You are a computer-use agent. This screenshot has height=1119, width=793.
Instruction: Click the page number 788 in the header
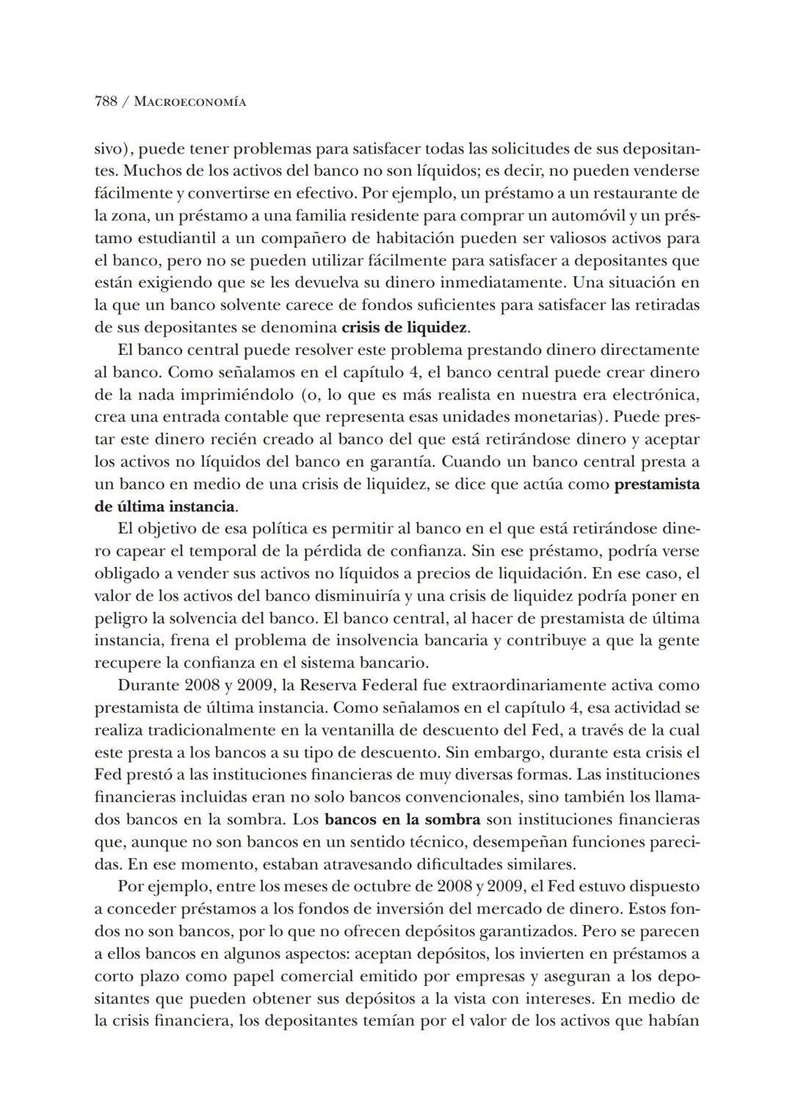106,102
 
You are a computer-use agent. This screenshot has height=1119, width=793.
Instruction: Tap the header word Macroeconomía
190,102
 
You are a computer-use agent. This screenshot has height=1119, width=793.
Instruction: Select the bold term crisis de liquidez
405,327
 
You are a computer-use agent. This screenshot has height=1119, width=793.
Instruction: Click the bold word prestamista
656,484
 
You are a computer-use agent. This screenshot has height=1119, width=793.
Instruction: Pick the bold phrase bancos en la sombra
402,819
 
